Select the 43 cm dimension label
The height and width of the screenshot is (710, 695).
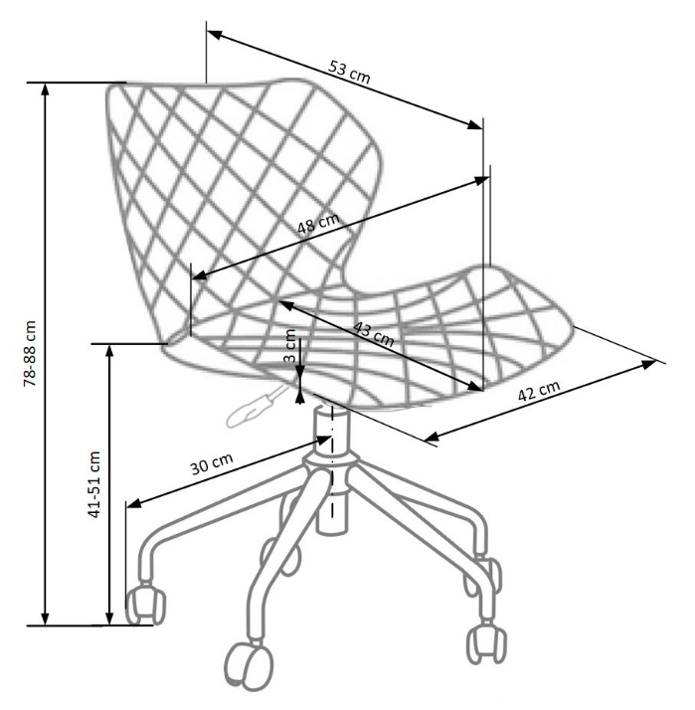click(373, 334)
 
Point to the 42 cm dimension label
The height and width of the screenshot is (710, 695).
click(539, 391)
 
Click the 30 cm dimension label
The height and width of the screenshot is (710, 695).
click(212, 463)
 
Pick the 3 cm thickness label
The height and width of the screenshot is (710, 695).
click(289, 345)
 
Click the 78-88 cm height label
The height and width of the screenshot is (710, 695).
click(30, 353)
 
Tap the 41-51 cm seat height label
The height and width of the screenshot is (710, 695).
click(93, 484)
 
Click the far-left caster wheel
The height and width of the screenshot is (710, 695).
click(146, 605)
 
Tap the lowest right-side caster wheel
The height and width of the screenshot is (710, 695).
click(486, 643)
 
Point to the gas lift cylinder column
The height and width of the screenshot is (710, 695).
click(332, 468)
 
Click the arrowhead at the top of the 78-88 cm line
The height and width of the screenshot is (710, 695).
click(45, 89)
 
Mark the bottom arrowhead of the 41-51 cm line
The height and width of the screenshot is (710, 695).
click(109, 619)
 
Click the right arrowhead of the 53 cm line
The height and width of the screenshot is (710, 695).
click(475, 124)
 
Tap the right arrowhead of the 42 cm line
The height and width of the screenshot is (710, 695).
click(648, 364)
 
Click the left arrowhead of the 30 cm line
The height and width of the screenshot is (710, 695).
click(133, 503)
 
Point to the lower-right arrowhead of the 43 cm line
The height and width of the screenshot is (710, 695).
click(475, 386)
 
